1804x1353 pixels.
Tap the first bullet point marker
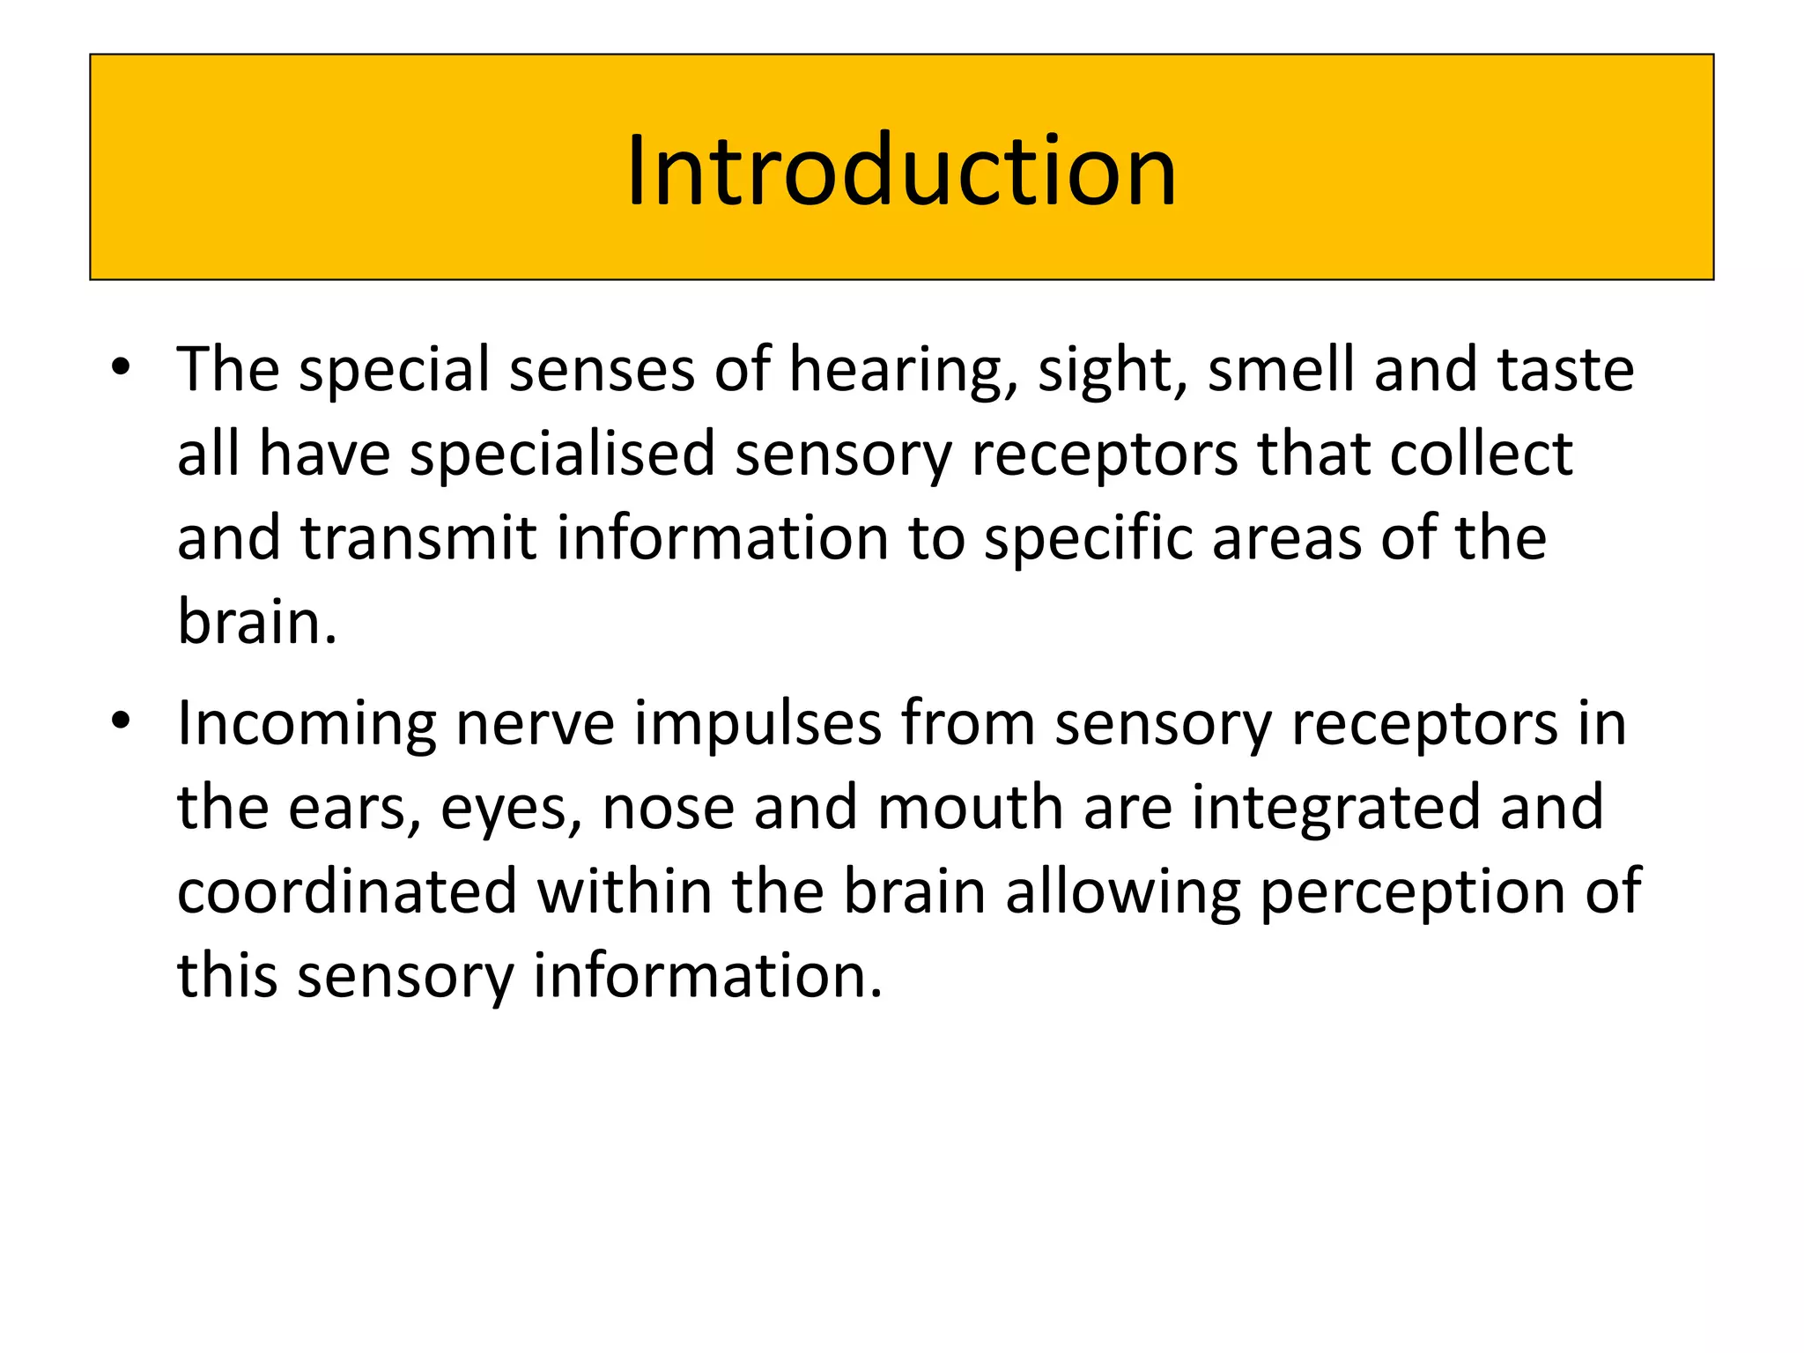[122, 367]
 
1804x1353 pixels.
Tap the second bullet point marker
[122, 721]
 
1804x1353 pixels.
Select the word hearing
[902, 370]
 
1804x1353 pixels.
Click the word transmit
[418, 538]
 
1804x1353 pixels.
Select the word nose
[668, 808]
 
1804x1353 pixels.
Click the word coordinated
[347, 891]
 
